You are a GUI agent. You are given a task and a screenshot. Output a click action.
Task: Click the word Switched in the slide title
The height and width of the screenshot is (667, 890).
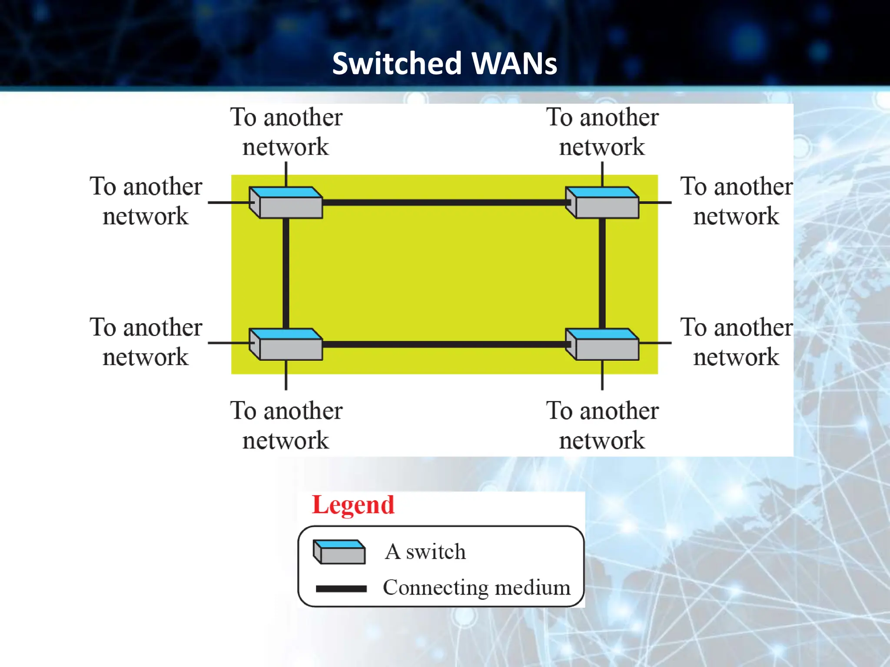coord(396,63)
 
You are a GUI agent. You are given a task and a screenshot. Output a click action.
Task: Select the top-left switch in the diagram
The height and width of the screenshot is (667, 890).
coord(286,203)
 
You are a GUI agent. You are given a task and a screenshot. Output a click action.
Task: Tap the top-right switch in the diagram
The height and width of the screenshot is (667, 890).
coord(602,203)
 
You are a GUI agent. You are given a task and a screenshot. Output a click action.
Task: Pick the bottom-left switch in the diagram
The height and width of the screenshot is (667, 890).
coord(286,344)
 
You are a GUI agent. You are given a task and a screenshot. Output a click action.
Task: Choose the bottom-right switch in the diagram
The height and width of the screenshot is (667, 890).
coord(602,344)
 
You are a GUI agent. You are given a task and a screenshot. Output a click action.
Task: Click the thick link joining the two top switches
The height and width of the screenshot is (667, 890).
coord(443,202)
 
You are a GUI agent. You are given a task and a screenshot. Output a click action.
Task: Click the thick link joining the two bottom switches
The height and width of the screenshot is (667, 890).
coord(443,344)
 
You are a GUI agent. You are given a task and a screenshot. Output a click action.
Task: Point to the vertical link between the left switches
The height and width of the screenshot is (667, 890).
coord(286,274)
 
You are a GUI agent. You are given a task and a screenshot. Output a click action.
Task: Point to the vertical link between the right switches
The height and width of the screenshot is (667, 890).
coord(602,274)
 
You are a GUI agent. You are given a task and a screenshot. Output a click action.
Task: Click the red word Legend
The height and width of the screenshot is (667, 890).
coord(353,505)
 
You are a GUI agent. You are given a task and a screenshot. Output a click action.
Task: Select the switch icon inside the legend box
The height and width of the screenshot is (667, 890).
coord(339,552)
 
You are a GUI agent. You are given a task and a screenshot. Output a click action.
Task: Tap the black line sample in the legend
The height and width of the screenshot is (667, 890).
coord(341,589)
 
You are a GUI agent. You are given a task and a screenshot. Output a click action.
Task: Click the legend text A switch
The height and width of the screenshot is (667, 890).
coord(425,552)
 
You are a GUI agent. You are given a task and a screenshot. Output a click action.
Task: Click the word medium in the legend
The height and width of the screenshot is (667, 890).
coord(532,588)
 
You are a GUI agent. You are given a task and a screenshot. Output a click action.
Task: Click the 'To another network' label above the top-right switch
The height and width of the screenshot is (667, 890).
coord(602,132)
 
